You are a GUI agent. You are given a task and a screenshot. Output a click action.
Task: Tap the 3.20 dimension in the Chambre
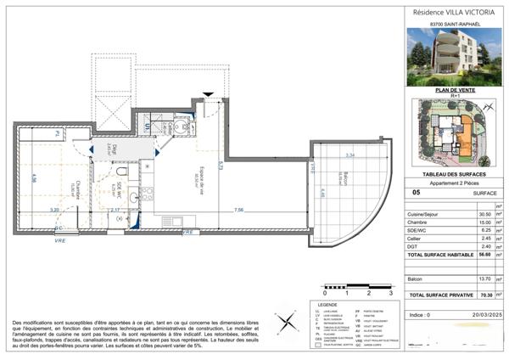click(53, 210)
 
